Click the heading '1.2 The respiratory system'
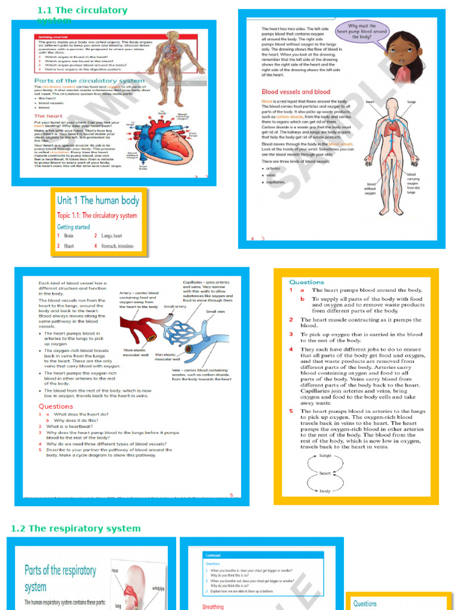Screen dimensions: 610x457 [x=76, y=528]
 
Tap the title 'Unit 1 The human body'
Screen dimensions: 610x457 [x=98, y=201]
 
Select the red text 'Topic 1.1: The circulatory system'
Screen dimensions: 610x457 [x=97, y=216]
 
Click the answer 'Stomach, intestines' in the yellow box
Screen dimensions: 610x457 [x=117, y=245]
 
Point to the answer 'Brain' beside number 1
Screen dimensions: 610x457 [x=69, y=236]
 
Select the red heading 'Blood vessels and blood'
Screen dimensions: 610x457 [x=296, y=92]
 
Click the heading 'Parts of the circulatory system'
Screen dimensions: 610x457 [x=89, y=80]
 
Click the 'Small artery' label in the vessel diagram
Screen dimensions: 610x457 [x=175, y=307]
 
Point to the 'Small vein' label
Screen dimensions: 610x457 [x=215, y=312]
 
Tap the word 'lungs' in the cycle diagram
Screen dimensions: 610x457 [x=325, y=455]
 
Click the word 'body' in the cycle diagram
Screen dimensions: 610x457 [x=325, y=491]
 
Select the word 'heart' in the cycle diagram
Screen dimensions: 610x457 [x=325, y=473]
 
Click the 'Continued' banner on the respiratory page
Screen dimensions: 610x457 [x=214, y=555]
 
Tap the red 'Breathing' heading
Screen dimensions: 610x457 [x=213, y=606]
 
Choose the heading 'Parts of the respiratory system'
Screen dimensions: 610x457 [x=60, y=578]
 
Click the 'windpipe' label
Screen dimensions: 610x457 [x=158, y=572]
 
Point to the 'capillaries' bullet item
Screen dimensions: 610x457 [x=276, y=182]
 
